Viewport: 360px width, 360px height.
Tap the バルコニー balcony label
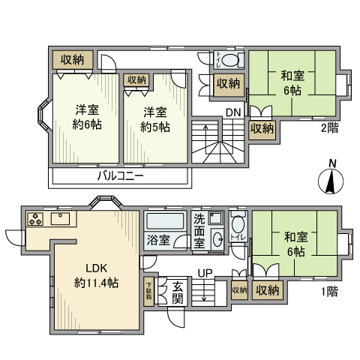tap(120, 177)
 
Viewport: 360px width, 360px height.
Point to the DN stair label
tap(232, 113)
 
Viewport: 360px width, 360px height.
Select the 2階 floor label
tap(330, 127)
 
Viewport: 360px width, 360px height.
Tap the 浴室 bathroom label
tap(158, 241)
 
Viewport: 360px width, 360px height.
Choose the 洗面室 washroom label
tap(199, 230)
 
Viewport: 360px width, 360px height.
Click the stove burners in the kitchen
tap(37, 219)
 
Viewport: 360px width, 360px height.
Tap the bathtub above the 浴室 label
tap(166, 222)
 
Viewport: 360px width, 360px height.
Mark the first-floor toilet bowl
tap(238, 224)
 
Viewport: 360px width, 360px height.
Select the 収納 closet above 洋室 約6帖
tap(73, 58)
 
